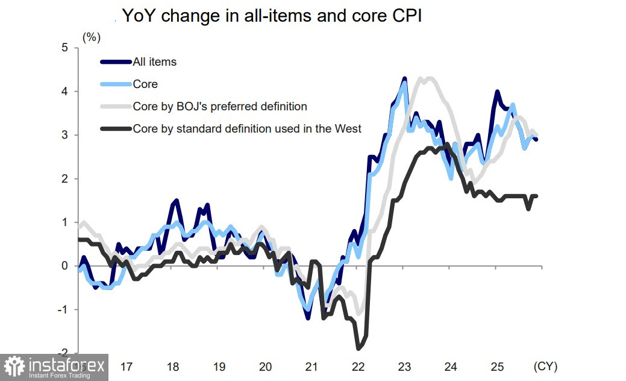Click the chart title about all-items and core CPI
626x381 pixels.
(x=272, y=16)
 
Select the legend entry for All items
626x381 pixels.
(x=154, y=61)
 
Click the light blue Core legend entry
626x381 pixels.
(x=145, y=84)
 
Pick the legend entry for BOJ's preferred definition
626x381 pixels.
(x=220, y=107)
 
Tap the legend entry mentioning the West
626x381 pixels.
(x=247, y=128)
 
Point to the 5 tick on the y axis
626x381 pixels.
(x=65, y=48)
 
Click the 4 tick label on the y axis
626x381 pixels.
(x=65, y=92)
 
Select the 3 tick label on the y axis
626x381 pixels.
(x=65, y=135)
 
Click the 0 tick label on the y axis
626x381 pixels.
(x=65, y=266)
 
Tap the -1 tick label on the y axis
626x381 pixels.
(x=63, y=310)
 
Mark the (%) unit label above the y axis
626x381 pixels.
(x=91, y=37)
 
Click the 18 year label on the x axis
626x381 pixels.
(x=173, y=367)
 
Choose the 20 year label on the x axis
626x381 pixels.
(x=265, y=367)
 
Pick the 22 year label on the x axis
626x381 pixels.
(x=358, y=367)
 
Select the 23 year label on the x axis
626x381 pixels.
(x=404, y=367)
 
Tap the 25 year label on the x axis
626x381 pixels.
(x=496, y=367)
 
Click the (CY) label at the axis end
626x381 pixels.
(x=545, y=367)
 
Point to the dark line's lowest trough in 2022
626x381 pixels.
(x=358, y=348)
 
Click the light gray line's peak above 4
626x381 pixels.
(x=428, y=78)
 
